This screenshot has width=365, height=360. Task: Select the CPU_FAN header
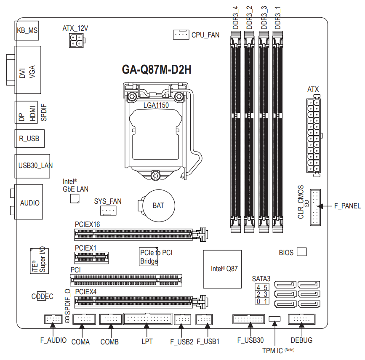(181, 35)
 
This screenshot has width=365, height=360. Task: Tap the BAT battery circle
(159, 205)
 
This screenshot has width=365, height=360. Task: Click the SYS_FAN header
(108, 211)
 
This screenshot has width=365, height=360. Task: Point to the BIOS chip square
(302, 252)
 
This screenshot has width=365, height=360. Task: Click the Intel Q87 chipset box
(222, 269)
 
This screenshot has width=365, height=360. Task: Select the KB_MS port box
(27, 30)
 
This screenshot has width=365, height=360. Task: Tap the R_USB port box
(29, 139)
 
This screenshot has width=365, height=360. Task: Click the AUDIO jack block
(29, 202)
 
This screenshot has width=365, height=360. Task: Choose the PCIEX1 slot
(91, 258)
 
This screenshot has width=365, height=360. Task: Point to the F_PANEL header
(315, 207)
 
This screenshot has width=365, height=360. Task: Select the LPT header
(148, 319)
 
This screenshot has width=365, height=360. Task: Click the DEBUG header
(301, 319)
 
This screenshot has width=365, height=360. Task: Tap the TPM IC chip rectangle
(274, 319)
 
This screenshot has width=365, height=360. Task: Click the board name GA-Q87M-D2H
(157, 69)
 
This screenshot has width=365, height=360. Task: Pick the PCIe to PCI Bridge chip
(149, 256)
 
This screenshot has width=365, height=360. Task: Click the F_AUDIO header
(53, 319)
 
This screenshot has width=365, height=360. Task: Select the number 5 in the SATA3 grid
(265, 287)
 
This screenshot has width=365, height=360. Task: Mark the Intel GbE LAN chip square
(75, 198)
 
